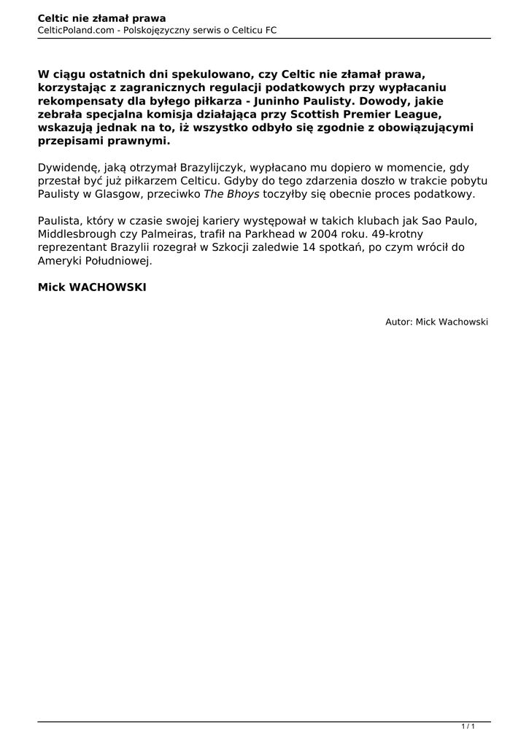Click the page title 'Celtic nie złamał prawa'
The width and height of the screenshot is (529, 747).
click(101, 18)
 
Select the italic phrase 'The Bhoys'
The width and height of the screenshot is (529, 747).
click(231, 195)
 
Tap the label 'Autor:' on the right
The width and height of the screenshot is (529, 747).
click(399, 321)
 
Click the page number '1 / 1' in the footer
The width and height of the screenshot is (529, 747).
click(468, 727)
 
